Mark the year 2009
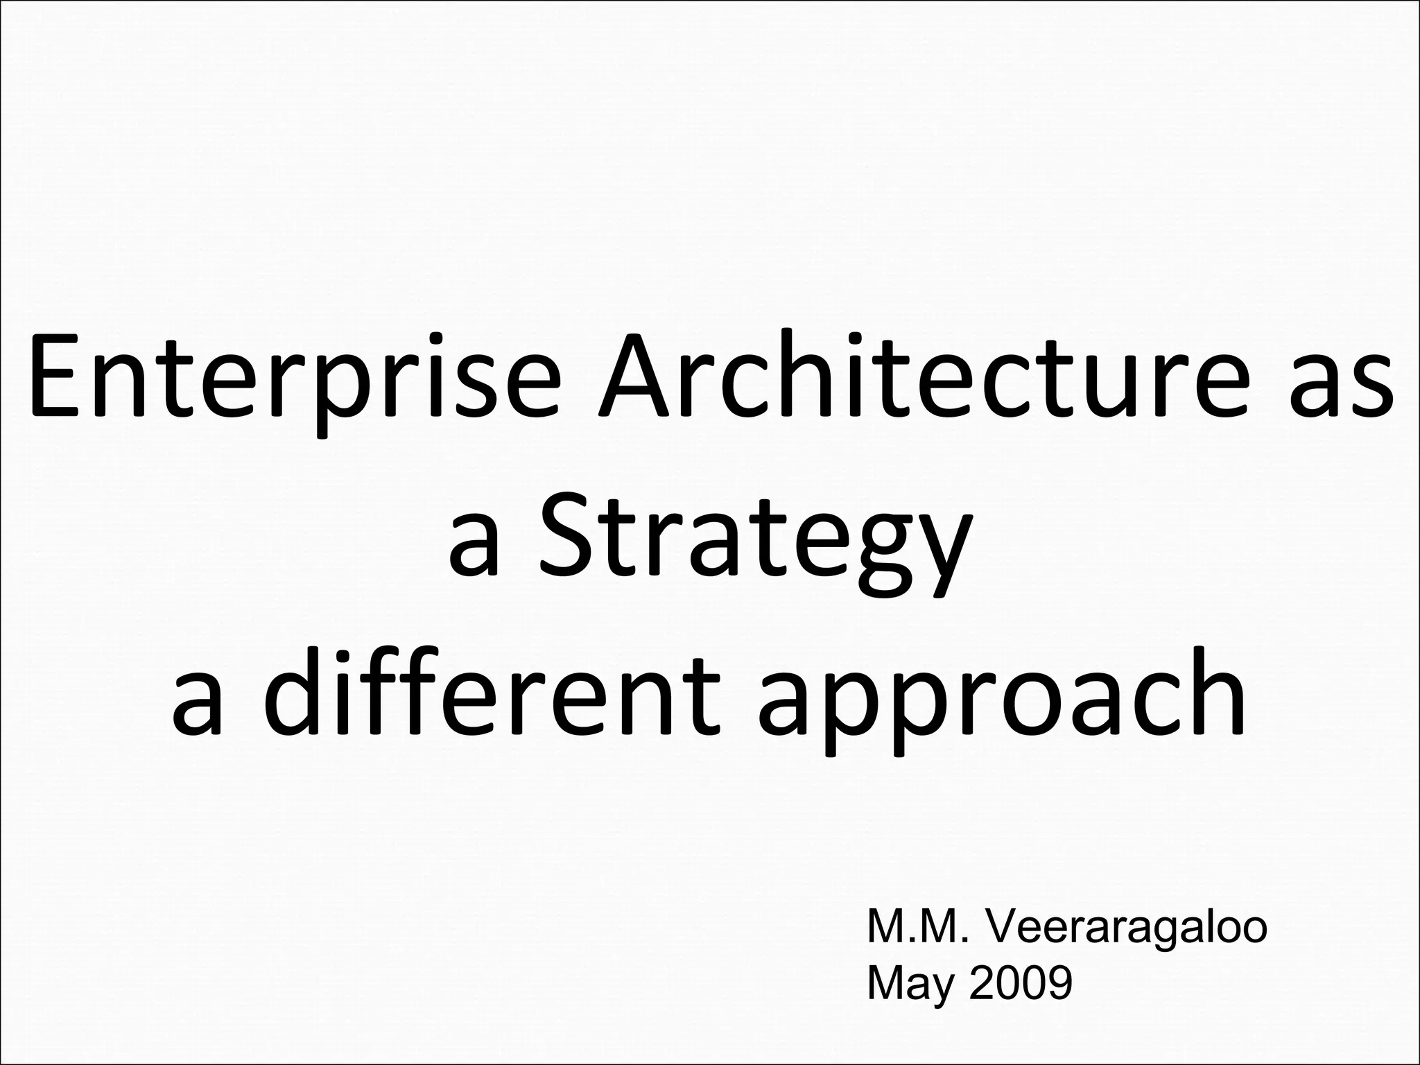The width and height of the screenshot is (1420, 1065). [x=1021, y=983]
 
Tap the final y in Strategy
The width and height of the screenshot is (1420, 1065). [x=940, y=555]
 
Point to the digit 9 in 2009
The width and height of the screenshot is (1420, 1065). [x=1058, y=983]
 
